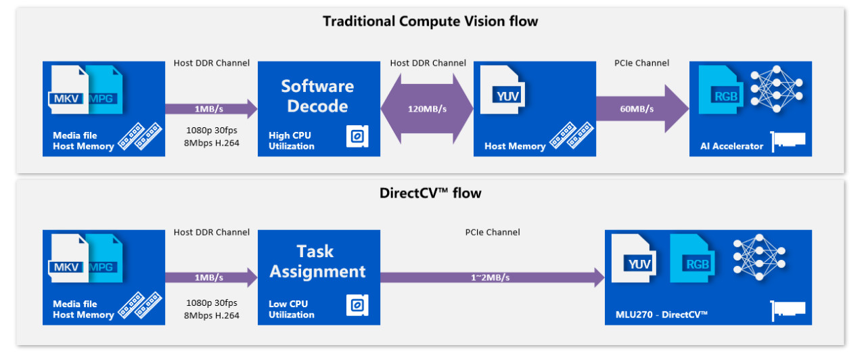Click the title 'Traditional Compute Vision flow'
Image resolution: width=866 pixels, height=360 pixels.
[x=430, y=21]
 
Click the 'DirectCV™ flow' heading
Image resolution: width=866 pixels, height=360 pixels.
[x=430, y=193]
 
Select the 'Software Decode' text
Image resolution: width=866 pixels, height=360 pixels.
[x=317, y=96]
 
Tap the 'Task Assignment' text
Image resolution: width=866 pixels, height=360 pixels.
[x=317, y=261]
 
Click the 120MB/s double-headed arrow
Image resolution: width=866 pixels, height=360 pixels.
[x=427, y=109]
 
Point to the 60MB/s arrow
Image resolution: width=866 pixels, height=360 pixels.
[x=642, y=109]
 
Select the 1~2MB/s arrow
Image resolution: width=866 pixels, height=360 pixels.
[x=492, y=277]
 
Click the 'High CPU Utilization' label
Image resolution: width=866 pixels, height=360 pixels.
[x=291, y=141]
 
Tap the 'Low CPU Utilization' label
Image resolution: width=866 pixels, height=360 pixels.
[x=291, y=309]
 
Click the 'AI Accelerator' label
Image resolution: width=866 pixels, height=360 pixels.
[x=731, y=146]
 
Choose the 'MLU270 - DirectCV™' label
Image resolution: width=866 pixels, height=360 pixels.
[x=662, y=315]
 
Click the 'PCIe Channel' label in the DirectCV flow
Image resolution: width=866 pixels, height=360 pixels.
[x=492, y=232]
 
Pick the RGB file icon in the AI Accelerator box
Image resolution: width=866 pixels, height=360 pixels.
[x=721, y=90]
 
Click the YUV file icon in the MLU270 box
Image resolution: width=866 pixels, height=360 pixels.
[x=634, y=258]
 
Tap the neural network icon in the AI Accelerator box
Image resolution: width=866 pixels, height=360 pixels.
[x=777, y=89]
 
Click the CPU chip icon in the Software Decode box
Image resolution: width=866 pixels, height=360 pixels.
[x=357, y=136]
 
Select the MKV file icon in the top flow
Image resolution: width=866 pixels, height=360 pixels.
[x=68, y=90]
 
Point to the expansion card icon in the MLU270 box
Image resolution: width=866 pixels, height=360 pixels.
[x=788, y=311]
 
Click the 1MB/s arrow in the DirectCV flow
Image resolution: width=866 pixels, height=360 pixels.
[x=211, y=277]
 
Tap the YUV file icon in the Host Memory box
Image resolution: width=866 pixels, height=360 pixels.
[x=503, y=90]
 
